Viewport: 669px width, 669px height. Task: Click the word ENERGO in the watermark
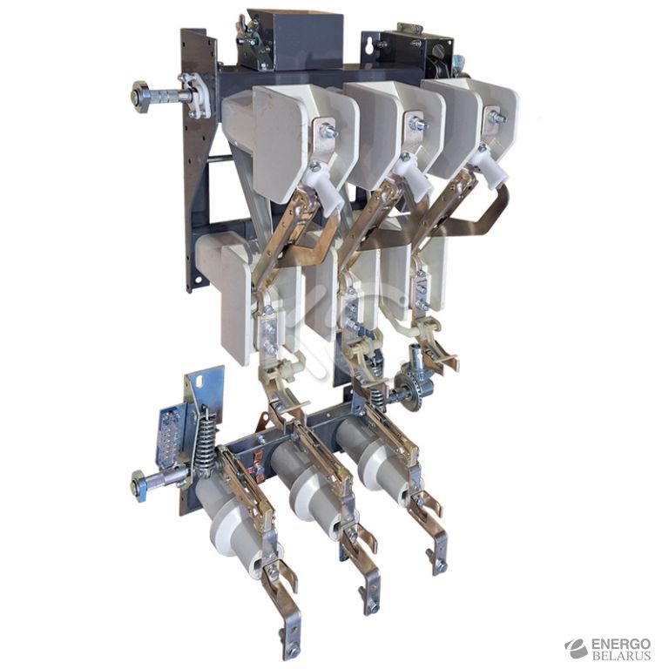pyautogui.click(x=621, y=644)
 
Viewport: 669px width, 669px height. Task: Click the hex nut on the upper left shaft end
pyautogui.click(x=140, y=98)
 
